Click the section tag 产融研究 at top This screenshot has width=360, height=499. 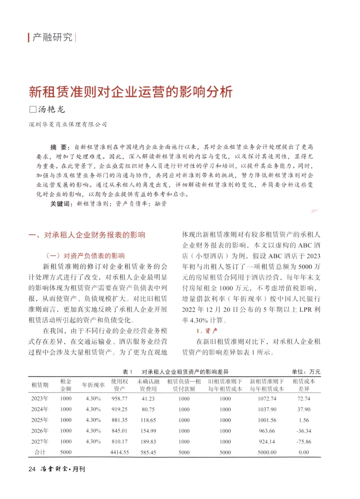52,37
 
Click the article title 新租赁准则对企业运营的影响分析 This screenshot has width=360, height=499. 130,92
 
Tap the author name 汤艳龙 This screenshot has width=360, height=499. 52,109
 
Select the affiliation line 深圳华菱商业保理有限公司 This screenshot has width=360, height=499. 68,124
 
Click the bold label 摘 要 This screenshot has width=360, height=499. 59,147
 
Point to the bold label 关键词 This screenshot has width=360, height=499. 61,204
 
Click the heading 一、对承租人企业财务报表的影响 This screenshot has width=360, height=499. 87,235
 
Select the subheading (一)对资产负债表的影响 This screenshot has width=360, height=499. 85,256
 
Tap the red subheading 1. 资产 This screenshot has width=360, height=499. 207,331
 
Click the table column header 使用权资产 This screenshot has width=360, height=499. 119,385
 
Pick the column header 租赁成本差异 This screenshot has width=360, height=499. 304,385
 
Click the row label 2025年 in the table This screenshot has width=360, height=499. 40,420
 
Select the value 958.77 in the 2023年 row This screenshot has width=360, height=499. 119,399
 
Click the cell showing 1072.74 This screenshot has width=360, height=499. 267,399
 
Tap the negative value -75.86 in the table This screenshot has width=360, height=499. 304,441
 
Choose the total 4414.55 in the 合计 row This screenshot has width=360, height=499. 119,452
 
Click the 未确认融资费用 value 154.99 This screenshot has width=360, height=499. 148,431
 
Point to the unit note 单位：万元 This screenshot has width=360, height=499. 306,372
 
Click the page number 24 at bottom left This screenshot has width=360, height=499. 32,469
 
